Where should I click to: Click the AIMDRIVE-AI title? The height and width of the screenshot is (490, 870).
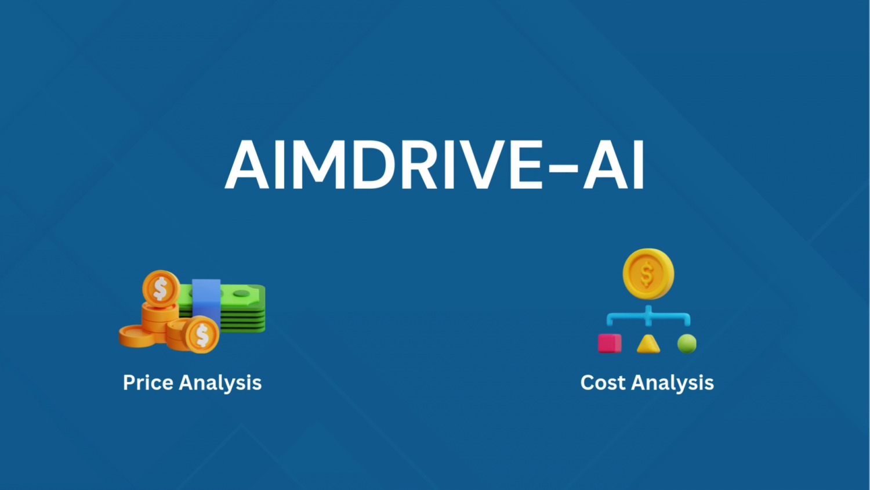435,164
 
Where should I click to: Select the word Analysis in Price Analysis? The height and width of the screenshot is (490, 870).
220,383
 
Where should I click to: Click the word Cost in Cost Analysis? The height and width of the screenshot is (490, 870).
603,383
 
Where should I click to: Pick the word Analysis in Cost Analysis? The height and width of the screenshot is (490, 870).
673,383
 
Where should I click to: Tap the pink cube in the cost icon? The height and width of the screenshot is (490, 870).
610,343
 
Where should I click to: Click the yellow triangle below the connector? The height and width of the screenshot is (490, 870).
648,344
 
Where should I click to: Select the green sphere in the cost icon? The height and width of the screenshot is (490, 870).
687,344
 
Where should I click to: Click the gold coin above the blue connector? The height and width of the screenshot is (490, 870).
648,274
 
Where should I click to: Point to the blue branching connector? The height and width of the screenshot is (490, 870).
648,316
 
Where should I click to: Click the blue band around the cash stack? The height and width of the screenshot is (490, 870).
206,303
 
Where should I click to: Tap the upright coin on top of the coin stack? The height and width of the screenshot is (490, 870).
161,289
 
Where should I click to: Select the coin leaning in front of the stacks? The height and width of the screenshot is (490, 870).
202,334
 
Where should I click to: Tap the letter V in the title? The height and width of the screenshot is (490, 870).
483,164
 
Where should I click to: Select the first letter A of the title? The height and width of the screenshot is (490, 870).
247,164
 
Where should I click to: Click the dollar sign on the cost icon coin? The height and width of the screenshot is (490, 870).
647,274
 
